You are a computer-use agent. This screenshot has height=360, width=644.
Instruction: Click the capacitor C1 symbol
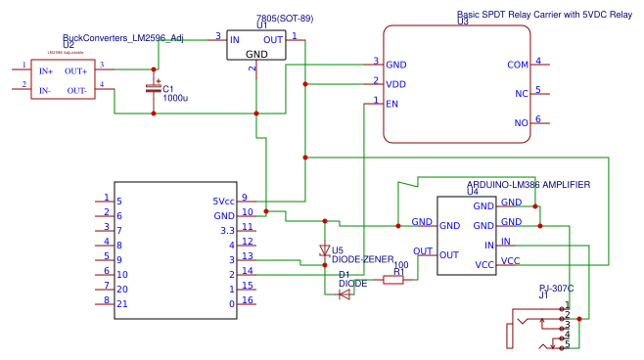pyautogui.click(x=154, y=89)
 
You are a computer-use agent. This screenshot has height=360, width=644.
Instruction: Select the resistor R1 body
pyautogui.click(x=392, y=280)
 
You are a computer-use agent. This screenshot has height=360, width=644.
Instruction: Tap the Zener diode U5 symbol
pyautogui.click(x=325, y=251)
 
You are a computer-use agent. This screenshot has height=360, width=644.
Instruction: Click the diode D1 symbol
pyautogui.click(x=345, y=293)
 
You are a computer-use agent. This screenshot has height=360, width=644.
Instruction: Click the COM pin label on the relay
pyautogui.click(x=518, y=65)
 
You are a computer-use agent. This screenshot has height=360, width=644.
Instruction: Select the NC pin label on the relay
pyautogui.click(x=521, y=94)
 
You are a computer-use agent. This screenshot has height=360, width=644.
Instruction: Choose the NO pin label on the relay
pyautogui.click(x=521, y=123)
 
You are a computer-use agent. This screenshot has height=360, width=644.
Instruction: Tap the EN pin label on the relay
pyautogui.click(x=392, y=104)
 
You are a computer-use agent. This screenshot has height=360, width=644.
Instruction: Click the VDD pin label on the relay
pyautogui.click(x=396, y=84)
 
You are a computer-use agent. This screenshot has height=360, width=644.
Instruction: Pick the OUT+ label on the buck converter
pyautogui.click(x=75, y=70)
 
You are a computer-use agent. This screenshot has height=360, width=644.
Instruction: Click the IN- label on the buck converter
pyautogui.click(x=45, y=90)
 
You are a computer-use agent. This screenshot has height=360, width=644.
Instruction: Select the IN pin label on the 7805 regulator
pyautogui.click(x=235, y=40)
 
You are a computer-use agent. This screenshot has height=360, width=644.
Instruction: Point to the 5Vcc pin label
pyautogui.click(x=223, y=202)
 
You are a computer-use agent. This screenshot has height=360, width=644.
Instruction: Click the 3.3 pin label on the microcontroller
pyautogui.click(x=227, y=230)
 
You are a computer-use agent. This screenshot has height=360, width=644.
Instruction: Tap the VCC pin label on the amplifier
pyautogui.click(x=511, y=263)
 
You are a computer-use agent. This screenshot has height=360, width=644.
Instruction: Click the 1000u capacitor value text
pyautogui.click(x=176, y=98)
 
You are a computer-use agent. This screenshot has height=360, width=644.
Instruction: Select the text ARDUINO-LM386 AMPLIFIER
pyautogui.click(x=529, y=184)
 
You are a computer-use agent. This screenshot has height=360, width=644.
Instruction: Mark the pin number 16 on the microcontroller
pyautogui.click(x=249, y=300)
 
